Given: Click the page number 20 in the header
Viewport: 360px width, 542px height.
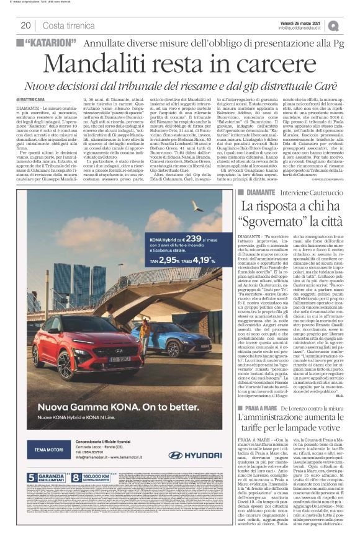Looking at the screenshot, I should [x=25, y=25].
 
